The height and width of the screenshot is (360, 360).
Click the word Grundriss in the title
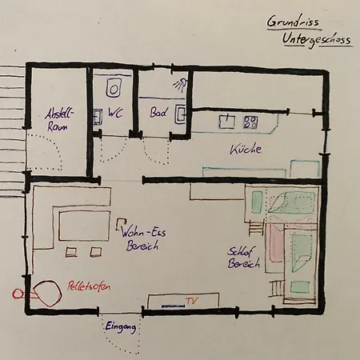click(x=294, y=21)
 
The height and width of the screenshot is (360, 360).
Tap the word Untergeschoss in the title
click(x=317, y=40)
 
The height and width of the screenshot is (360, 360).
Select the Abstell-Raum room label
click(x=58, y=119)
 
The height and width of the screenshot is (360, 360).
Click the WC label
click(x=115, y=113)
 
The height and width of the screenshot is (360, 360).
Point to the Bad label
click(x=159, y=112)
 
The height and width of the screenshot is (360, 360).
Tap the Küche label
click(x=246, y=150)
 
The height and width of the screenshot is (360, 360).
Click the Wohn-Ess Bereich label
click(x=143, y=238)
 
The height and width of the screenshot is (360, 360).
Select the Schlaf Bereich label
click(x=243, y=258)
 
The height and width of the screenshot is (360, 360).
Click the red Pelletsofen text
click(x=89, y=286)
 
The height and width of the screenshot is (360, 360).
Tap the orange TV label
click(x=192, y=301)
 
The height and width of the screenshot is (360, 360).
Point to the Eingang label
click(x=121, y=327)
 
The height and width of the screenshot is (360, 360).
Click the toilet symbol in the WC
click(x=114, y=88)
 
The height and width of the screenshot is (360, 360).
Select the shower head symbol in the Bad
click(x=180, y=83)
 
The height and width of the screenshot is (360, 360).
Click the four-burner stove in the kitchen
click(x=250, y=122)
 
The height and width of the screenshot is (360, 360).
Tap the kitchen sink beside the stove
click(x=227, y=122)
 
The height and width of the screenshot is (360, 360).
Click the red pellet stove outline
click(x=47, y=293)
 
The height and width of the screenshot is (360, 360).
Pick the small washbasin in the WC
click(x=98, y=117)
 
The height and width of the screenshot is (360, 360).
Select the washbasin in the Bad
click(x=181, y=114)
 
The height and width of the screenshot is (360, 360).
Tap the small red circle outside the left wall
click(x=17, y=294)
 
